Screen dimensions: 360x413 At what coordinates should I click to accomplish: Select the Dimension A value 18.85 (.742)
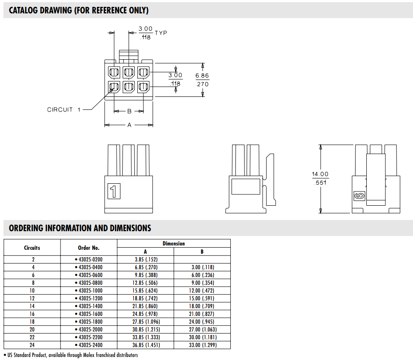coord(145,298)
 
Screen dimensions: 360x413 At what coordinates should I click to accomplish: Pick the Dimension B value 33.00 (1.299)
coord(202,345)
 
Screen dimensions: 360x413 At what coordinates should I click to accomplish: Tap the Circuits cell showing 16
coord(32,314)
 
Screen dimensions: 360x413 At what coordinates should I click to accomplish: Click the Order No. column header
coord(89,248)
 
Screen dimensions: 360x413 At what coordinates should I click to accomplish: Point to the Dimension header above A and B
coord(174,243)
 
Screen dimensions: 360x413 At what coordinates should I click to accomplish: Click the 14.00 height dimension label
coord(320,174)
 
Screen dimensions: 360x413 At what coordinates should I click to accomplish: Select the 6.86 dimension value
coord(202,75)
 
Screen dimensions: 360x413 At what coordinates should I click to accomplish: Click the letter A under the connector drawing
coord(129,125)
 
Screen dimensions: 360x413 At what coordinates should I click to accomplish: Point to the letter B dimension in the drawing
coord(129,111)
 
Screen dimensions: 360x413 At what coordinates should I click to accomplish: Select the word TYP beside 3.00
coord(161,33)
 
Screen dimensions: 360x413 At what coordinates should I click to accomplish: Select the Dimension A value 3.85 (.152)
coord(145,259)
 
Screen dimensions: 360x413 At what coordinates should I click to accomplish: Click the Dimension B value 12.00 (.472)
coord(202,290)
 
